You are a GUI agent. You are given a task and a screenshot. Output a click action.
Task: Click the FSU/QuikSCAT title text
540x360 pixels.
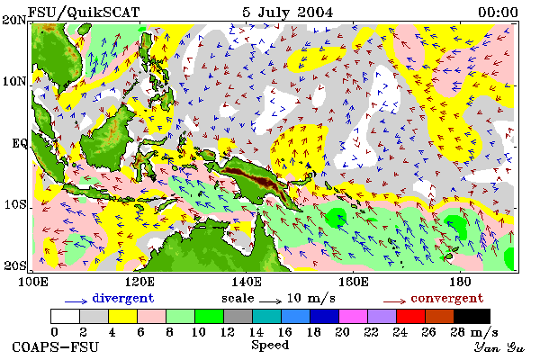coord(84,13)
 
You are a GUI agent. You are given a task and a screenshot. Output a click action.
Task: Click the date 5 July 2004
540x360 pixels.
coord(288,13)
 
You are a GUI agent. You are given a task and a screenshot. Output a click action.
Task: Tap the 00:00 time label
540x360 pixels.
coord(498,13)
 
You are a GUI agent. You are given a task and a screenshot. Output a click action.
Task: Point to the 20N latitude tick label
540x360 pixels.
coord(14,20)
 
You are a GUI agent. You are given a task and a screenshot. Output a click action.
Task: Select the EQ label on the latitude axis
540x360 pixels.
coord(19,143)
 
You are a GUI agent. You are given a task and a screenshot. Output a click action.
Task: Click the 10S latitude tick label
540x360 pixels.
coord(14,204)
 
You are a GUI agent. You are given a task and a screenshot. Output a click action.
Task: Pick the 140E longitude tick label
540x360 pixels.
coord(246,282)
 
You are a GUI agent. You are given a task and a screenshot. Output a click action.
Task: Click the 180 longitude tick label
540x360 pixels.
coord(460,282)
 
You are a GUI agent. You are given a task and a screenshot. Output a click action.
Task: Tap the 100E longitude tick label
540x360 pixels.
coord(33,282)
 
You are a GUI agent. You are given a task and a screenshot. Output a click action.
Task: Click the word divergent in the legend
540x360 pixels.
coord(123,298)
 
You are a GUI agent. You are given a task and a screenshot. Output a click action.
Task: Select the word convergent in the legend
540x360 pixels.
coord(447,298)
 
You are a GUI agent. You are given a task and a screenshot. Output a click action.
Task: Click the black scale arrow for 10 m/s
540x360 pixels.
coord(270,301)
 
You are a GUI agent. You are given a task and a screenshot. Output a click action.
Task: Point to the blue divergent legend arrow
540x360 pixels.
coord(76,301)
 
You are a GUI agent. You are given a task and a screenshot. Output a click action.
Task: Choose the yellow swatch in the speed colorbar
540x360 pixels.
coord(123,316)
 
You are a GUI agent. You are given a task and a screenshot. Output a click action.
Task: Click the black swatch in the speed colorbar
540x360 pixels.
coord(472,316)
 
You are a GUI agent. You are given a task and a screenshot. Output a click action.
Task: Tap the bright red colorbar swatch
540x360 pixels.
coord(410,316)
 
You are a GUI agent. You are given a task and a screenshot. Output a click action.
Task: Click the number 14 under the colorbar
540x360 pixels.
coord(256,332)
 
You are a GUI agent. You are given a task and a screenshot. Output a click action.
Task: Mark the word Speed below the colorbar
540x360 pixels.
coord(270,346)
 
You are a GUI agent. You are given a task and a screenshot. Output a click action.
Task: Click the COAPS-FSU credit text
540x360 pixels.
coord(55,346)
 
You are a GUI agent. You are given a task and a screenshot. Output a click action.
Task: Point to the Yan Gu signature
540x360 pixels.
coord(499,347)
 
